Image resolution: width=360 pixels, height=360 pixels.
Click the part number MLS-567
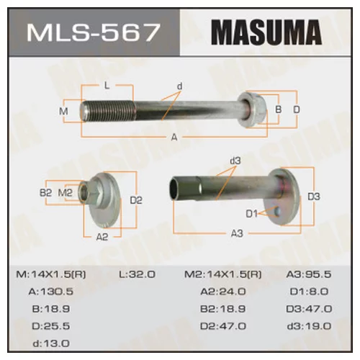pos(94,32)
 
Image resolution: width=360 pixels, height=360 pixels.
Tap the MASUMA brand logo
pos(266,32)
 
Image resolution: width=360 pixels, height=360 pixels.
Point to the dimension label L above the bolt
pos(107,86)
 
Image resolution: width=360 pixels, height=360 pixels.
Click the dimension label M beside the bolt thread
pos(63,112)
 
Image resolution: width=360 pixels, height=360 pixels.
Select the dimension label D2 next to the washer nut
pos(136,200)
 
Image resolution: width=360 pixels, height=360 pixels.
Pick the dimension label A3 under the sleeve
pos(237,233)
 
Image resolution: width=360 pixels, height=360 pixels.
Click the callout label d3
pos(235,161)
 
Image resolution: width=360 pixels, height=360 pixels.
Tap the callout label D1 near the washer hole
pos(252,214)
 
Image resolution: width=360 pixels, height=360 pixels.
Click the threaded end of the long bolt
pos(107,112)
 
